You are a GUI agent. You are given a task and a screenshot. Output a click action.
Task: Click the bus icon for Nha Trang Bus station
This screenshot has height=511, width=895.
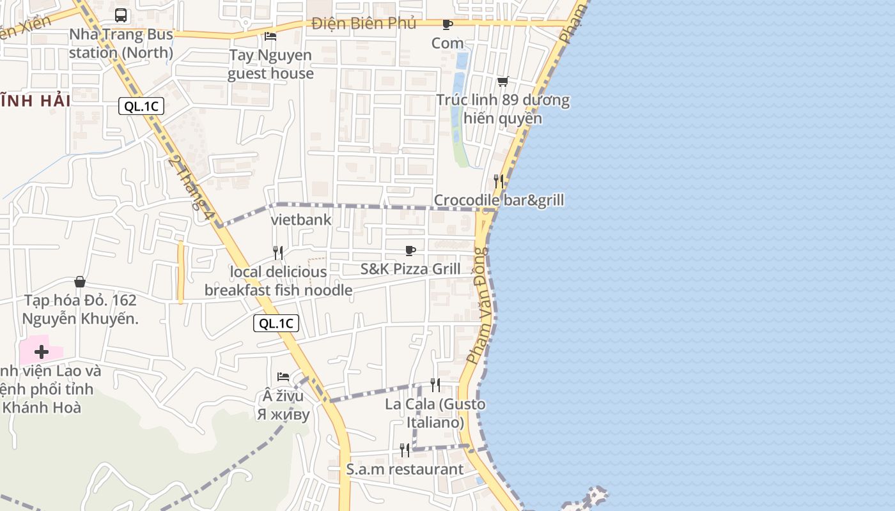(121, 15)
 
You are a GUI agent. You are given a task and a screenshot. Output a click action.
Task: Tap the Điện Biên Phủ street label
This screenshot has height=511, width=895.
(364, 24)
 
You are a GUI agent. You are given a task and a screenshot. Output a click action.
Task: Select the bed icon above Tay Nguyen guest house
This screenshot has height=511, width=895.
(270, 36)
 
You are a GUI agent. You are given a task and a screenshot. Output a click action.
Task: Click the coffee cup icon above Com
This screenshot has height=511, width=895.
(447, 25)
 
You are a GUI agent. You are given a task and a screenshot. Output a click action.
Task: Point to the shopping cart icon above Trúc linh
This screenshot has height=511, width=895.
(502, 82)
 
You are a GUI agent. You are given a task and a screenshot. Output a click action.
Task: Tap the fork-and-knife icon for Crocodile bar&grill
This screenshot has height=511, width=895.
(499, 181)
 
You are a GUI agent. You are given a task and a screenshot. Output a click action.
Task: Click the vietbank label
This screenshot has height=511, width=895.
(301, 220)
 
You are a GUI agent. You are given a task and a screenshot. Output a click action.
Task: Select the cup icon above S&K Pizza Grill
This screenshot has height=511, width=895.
(410, 250)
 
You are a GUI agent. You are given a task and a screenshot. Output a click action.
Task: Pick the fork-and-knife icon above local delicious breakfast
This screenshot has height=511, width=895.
(278, 253)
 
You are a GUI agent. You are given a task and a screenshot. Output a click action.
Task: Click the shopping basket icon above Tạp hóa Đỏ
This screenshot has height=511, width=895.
(80, 282)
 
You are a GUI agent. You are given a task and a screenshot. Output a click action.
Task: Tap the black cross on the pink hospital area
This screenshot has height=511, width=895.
(42, 352)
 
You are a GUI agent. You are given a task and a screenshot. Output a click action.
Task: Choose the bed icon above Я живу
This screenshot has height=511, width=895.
(283, 377)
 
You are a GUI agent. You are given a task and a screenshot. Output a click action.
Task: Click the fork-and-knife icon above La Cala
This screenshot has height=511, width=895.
(435, 385)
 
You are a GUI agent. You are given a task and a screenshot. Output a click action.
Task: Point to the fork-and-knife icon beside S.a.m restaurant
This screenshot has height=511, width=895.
(405, 450)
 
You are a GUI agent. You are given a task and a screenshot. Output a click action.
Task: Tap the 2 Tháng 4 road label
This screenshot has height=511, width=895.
(190, 188)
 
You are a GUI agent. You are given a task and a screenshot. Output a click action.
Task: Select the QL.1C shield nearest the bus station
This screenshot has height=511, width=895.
(141, 107)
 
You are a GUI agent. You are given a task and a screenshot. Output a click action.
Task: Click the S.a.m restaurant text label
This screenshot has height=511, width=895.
(405, 469)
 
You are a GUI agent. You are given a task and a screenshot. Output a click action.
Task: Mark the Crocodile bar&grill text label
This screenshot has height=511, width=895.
(499, 201)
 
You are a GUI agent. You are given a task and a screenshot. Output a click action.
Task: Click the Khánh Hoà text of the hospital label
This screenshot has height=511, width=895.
(42, 408)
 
